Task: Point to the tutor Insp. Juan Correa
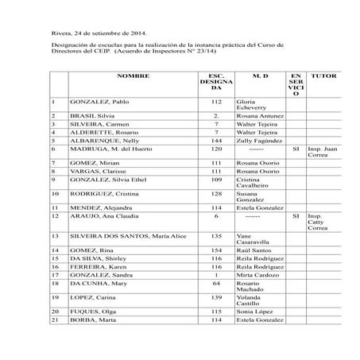(x=323, y=152)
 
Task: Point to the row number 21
(x=55, y=319)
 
